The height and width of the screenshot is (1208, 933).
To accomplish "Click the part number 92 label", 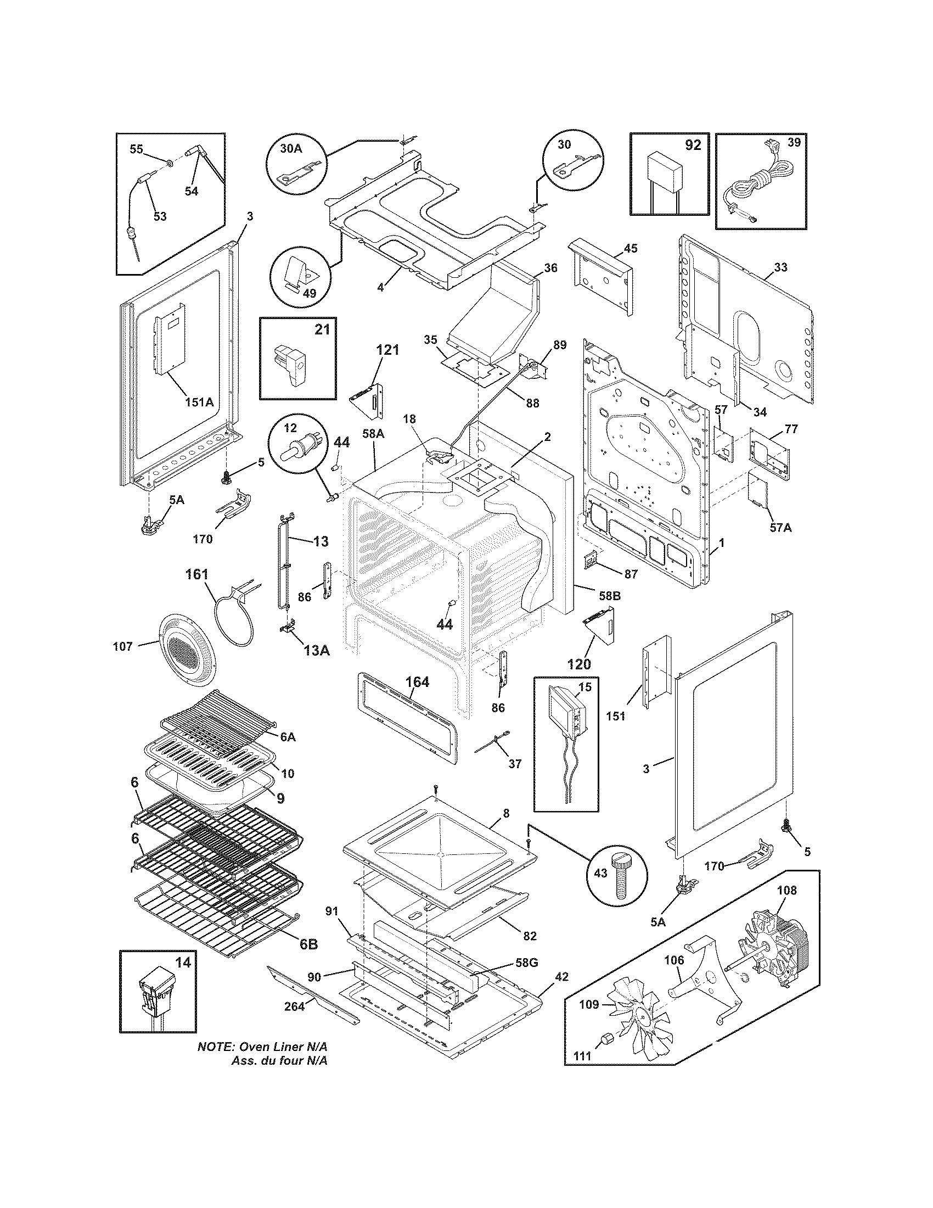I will (692, 145).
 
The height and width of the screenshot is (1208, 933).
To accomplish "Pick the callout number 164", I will (417, 682).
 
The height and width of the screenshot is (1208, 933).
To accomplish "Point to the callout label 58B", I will (609, 596).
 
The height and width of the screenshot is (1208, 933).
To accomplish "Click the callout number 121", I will (387, 350).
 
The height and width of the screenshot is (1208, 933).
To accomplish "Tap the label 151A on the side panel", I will (199, 402).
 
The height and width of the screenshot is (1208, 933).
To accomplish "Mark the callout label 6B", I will (308, 944).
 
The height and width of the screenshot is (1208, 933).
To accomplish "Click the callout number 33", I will (780, 267).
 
